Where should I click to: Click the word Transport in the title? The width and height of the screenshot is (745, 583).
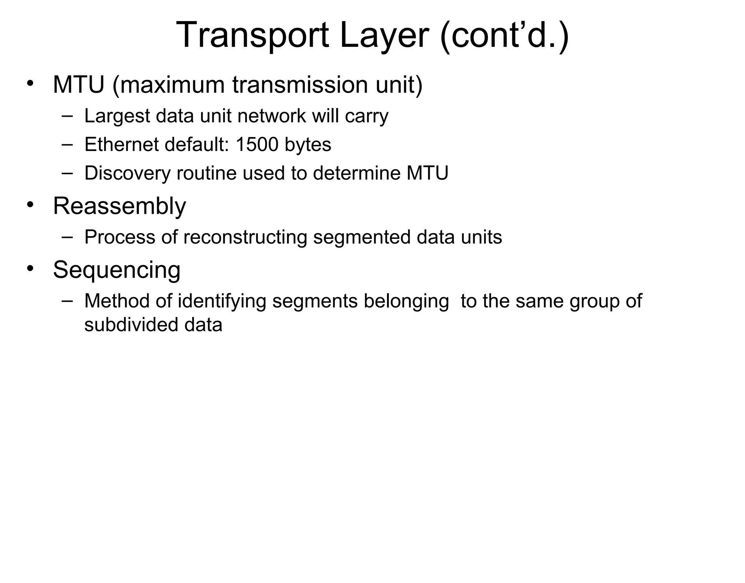pyautogui.click(x=252, y=35)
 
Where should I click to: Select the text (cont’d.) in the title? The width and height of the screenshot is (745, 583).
pyautogui.click(x=504, y=35)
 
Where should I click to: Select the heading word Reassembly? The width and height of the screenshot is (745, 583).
pyautogui.click(x=119, y=206)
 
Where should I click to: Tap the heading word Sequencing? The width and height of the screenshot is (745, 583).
pyautogui.click(x=116, y=270)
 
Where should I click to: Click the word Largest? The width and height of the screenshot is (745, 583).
pyautogui.click(x=117, y=116)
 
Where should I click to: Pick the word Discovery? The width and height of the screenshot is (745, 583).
pyautogui.click(x=127, y=173)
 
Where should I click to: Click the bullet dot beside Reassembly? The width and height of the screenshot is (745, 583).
pyautogui.click(x=30, y=204)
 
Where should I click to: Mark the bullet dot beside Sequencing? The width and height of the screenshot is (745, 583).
pyautogui.click(x=30, y=268)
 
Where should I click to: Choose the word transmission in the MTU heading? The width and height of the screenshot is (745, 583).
pyautogui.click(x=300, y=85)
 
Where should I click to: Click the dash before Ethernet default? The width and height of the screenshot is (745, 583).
pyautogui.click(x=67, y=144)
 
